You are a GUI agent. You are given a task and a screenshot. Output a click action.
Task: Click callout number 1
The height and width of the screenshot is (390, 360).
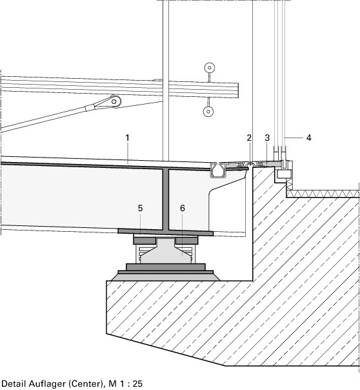[127, 138]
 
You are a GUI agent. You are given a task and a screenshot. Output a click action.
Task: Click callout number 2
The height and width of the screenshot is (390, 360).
[249, 138]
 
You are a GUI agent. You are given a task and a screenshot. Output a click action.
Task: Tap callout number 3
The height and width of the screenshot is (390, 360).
[267, 138]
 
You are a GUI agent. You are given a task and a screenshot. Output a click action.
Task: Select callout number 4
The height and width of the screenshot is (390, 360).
[309, 138]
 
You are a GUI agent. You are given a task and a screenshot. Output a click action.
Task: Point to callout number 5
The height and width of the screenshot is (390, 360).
[141, 208]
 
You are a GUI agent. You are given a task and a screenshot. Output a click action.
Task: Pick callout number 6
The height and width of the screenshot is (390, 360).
[183, 208]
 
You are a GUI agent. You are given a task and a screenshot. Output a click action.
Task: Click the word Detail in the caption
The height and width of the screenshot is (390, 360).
[14, 384]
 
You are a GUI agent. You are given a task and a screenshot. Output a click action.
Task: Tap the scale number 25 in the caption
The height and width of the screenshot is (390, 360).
[137, 384]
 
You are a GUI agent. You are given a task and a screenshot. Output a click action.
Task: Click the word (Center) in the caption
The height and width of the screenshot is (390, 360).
[86, 384]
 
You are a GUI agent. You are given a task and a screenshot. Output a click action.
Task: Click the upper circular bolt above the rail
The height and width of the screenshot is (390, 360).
[210, 67]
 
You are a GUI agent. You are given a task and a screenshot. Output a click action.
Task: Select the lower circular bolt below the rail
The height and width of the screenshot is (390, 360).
[208, 112]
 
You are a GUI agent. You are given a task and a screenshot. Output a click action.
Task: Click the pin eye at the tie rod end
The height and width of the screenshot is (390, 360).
[114, 101]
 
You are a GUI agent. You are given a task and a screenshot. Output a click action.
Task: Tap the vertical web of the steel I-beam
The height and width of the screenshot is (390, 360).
[166, 199]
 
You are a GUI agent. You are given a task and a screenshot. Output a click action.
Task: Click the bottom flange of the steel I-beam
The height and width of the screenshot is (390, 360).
[165, 232]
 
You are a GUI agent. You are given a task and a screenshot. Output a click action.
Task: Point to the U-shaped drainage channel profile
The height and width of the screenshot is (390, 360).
[218, 170]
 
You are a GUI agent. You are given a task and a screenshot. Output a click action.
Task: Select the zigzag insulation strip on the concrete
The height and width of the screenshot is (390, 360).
[323, 194]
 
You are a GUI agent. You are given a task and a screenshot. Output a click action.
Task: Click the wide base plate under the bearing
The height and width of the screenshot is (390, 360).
[166, 276]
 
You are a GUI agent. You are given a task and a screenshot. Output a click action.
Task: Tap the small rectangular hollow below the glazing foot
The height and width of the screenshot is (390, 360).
[284, 174]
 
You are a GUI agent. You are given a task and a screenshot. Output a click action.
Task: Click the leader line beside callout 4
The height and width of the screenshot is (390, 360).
[294, 138]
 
